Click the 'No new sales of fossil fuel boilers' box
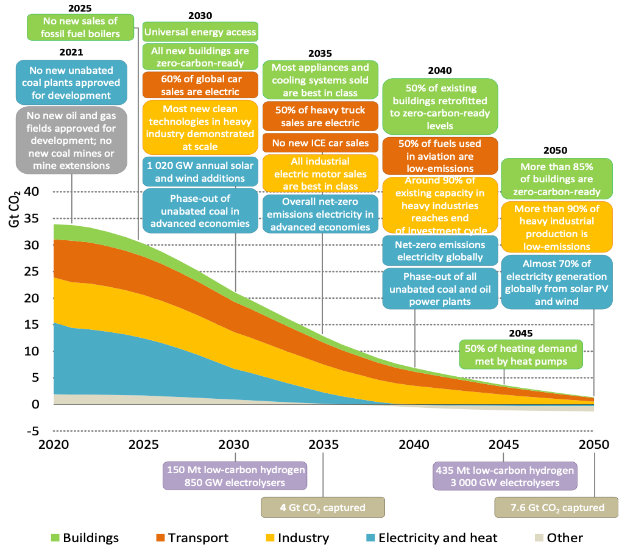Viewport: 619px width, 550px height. pyautogui.click(x=80, y=27)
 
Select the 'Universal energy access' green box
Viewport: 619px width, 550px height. pyautogui.click(x=200, y=31)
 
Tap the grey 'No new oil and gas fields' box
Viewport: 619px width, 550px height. pyautogui.click(x=72, y=141)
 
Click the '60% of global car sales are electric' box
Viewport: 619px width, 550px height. pyautogui.click(x=200, y=85)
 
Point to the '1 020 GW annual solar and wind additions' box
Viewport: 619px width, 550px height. pyautogui.click(x=200, y=171)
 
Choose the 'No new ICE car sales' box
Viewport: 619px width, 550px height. pyautogui.click(x=320, y=143)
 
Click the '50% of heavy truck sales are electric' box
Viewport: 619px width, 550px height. pyautogui.click(x=320, y=116)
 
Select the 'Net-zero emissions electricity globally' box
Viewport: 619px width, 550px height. pyautogui.click(x=440, y=251)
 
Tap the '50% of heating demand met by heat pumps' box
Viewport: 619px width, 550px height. pyautogui.click(x=520, y=355)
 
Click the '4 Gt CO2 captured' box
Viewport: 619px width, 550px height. pyautogui.click(x=323, y=507)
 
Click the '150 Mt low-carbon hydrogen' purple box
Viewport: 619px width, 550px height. pyautogui.click(x=236, y=476)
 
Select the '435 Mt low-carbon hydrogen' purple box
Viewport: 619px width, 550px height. pyautogui.click(x=504, y=476)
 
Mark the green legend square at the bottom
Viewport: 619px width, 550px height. pyautogui.click(x=55, y=537)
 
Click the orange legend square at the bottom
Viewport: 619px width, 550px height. pyautogui.click(x=161, y=537)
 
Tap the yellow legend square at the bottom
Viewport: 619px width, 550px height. pyautogui.click(x=270, y=537)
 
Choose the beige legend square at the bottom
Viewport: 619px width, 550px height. pyautogui.click(x=539, y=537)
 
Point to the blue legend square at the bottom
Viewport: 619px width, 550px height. pyautogui.click(x=370, y=537)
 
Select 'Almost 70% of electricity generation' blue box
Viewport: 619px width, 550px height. pyautogui.click(x=556, y=282)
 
